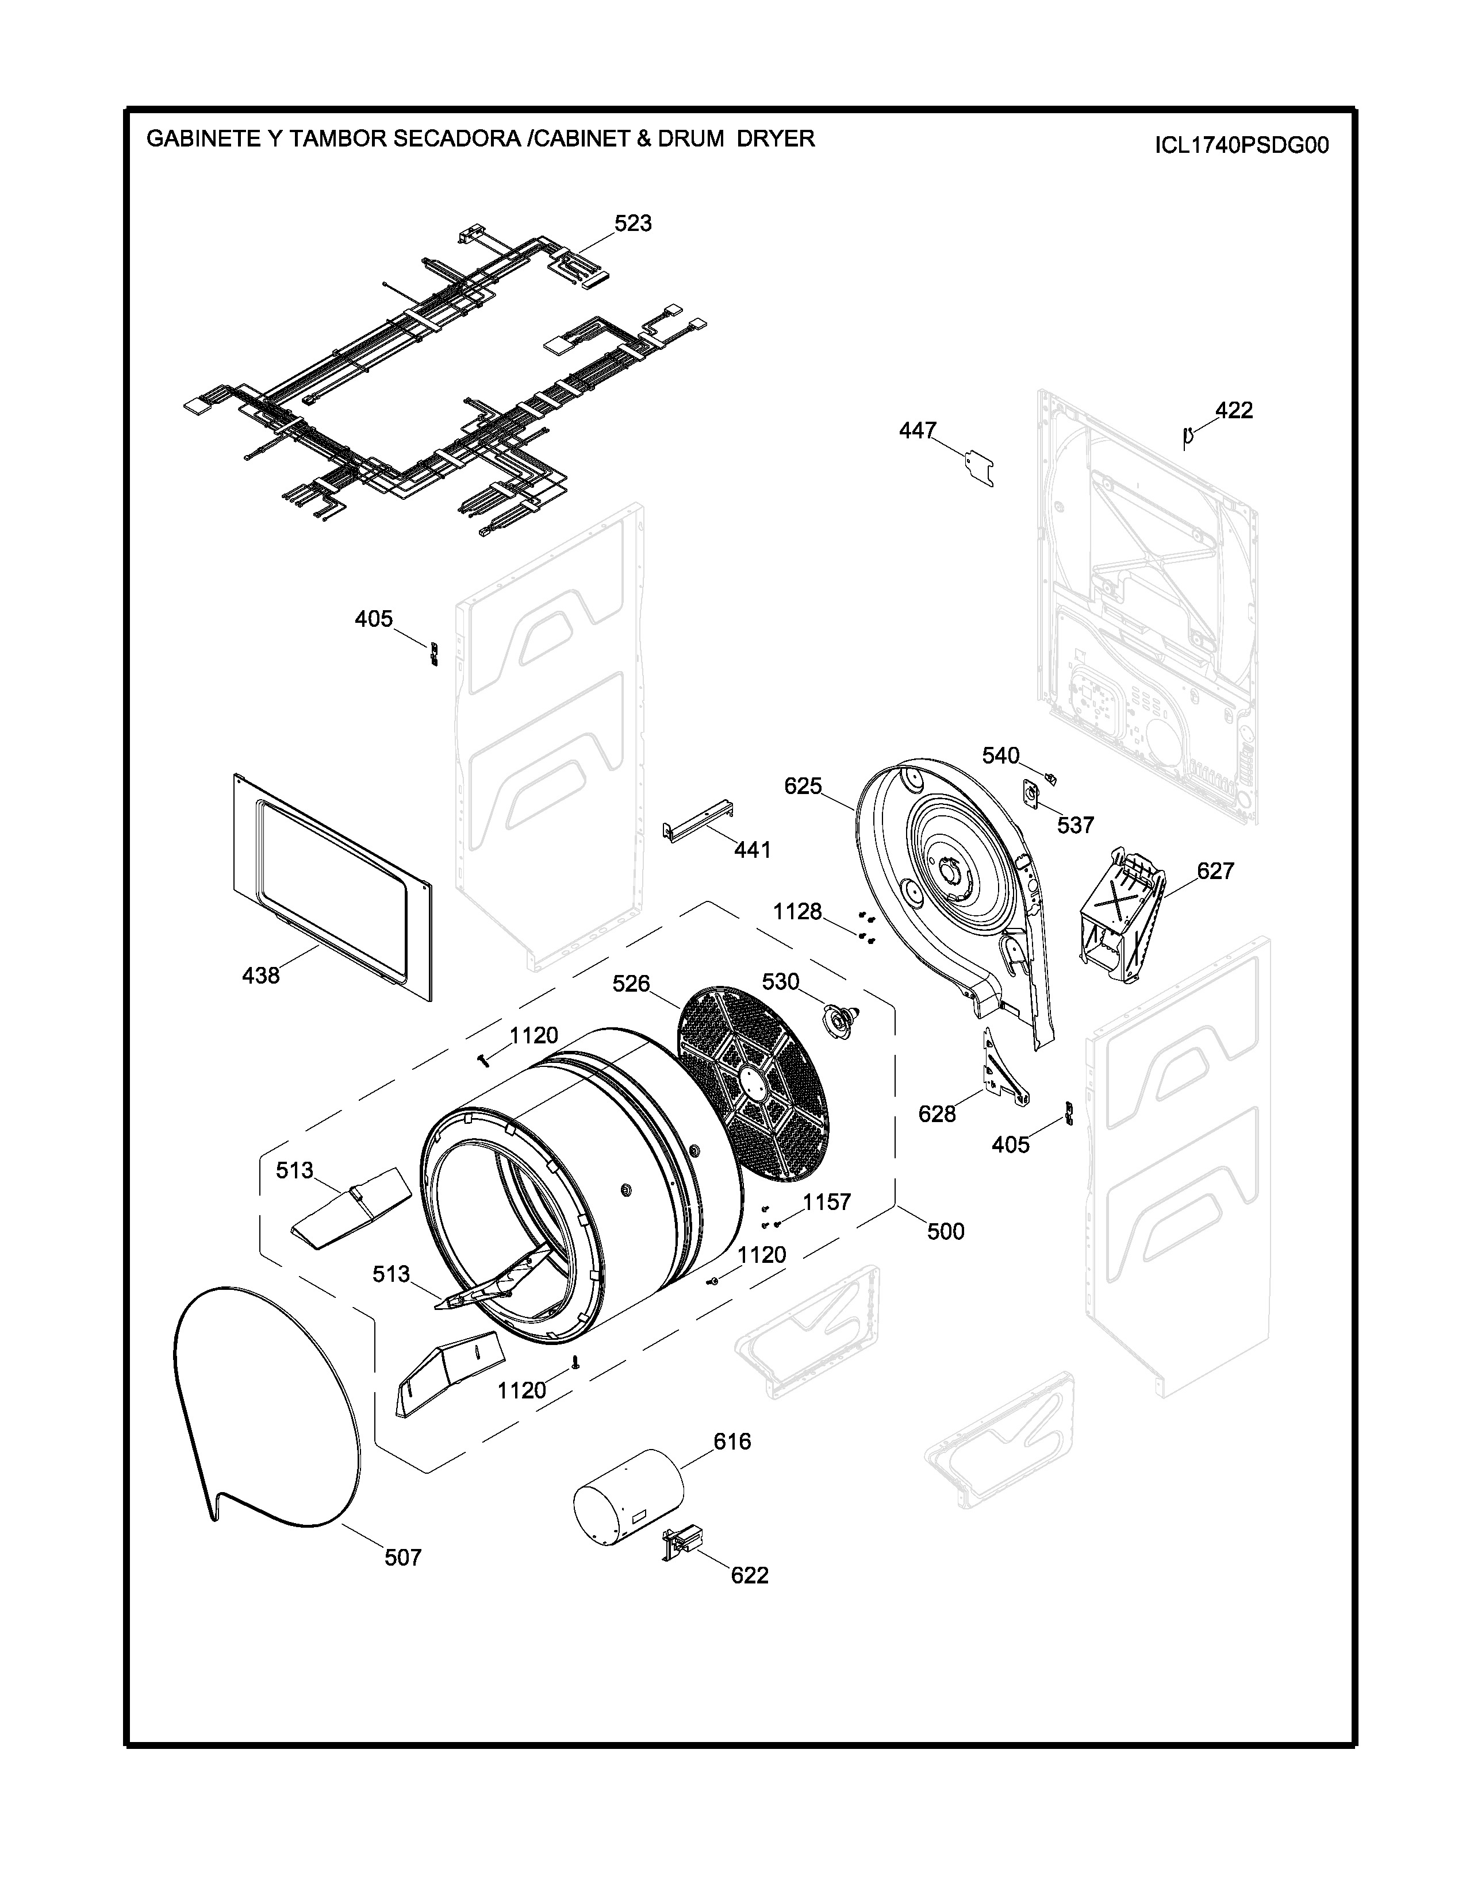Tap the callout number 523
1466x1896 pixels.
pos(632,224)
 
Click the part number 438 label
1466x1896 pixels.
pos(260,976)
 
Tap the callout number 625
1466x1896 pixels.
pos(803,787)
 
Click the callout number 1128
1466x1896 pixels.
pos(797,912)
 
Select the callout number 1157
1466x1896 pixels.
pos(827,1203)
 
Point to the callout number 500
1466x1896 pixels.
pos(945,1231)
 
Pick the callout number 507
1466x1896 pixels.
pos(403,1558)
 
